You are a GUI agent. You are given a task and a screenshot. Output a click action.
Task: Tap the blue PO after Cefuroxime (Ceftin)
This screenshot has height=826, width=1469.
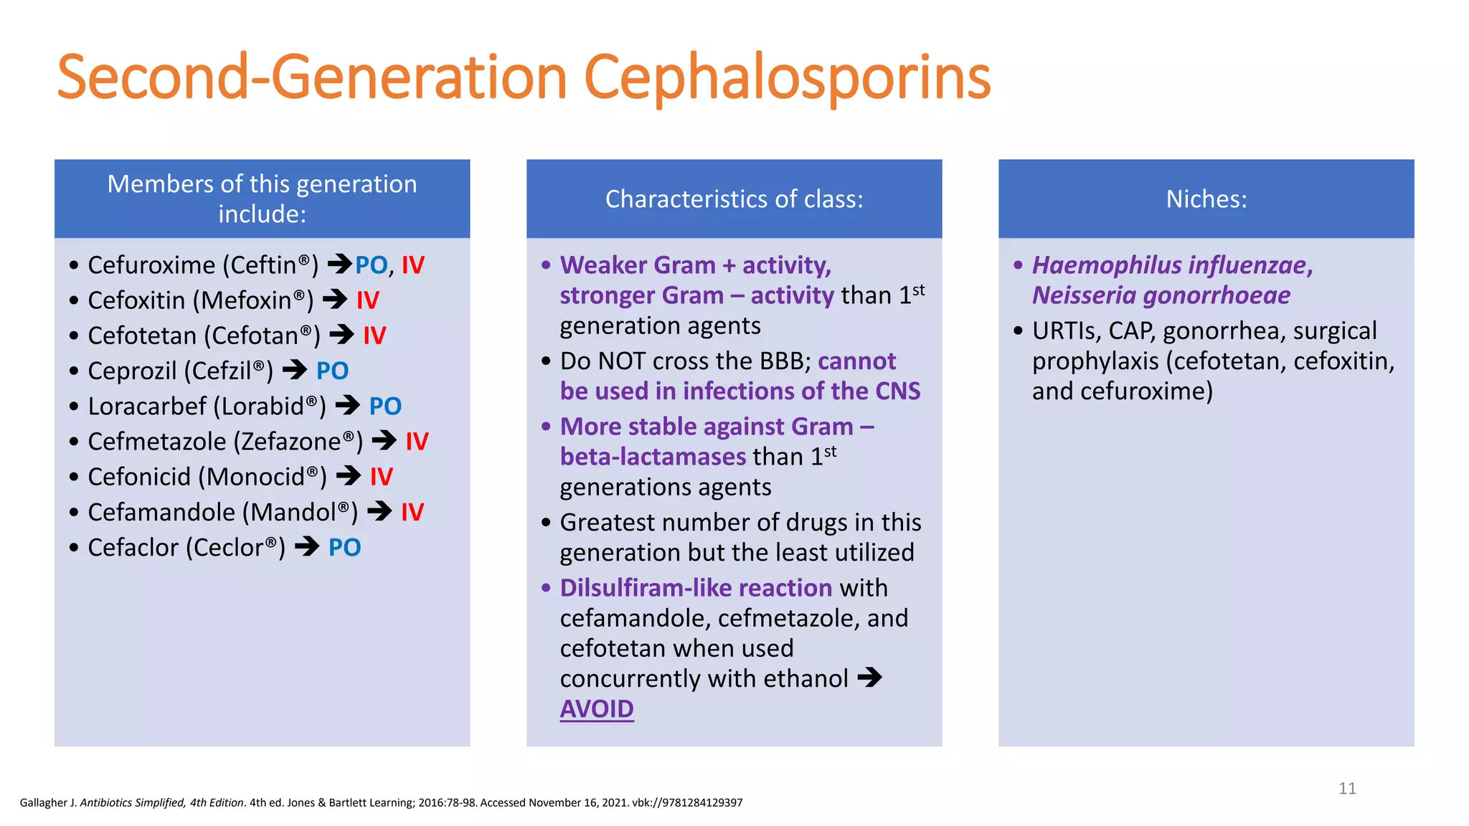click(x=371, y=265)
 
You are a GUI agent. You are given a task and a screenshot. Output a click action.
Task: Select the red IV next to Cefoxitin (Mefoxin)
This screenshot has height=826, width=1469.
click(x=367, y=300)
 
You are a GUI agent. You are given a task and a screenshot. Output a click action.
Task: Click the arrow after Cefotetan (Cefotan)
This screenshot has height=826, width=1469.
click(x=341, y=335)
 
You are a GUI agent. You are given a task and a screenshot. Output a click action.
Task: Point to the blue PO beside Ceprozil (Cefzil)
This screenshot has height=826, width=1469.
click(x=332, y=371)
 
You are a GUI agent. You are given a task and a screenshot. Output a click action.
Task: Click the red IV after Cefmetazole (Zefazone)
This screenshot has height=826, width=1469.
click(x=417, y=442)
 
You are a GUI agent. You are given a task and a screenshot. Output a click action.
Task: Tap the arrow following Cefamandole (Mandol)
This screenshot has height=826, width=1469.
click(x=379, y=511)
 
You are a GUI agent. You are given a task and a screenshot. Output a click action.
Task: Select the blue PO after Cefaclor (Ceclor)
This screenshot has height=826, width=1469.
click(x=344, y=548)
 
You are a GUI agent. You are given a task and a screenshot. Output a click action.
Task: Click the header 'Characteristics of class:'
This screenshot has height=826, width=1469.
click(x=734, y=199)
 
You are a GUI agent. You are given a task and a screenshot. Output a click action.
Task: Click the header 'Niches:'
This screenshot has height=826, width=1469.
click(x=1206, y=199)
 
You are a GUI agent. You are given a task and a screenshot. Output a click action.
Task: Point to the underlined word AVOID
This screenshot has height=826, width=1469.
click(x=596, y=709)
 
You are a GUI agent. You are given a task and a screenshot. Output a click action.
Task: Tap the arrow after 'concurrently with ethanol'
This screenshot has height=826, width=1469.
click(x=869, y=678)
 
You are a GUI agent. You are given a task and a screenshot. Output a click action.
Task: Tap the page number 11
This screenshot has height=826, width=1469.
click(x=1347, y=789)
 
